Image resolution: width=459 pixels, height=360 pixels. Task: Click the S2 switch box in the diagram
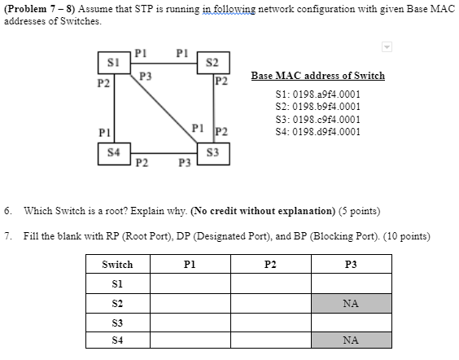pyautogui.click(x=212, y=64)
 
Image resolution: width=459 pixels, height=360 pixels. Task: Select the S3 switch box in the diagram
pyautogui.click(x=212, y=151)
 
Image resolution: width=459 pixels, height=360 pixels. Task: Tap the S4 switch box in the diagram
pyautogui.click(x=114, y=151)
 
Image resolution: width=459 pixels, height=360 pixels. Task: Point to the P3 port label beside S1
pyautogui.click(x=146, y=76)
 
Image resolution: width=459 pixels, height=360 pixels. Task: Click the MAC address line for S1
pyautogui.click(x=317, y=94)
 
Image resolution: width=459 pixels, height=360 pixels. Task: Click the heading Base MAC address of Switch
pyautogui.click(x=317, y=76)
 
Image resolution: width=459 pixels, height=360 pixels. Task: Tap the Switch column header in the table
pyautogui.click(x=117, y=265)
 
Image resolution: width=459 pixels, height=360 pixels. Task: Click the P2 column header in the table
pyautogui.click(x=270, y=265)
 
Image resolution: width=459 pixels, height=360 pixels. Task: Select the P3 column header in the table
pyautogui.click(x=351, y=265)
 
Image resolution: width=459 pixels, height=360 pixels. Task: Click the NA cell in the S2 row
pyautogui.click(x=351, y=303)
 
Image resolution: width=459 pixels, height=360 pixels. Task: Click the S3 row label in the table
pyautogui.click(x=117, y=323)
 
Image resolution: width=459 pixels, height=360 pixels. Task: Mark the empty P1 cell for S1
pyautogui.click(x=190, y=283)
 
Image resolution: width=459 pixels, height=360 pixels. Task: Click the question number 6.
pyautogui.click(x=7, y=210)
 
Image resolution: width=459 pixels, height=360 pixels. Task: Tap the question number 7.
pyautogui.click(x=7, y=235)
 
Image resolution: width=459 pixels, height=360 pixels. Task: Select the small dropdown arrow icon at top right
pyautogui.click(x=388, y=46)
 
